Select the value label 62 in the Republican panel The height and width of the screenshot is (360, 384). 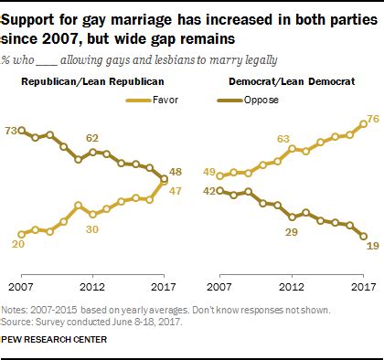(92, 137)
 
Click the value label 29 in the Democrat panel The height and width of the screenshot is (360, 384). (291, 233)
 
